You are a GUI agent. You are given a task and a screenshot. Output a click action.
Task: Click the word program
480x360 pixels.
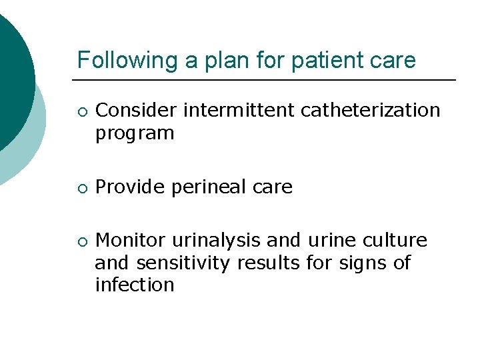[x=135, y=134]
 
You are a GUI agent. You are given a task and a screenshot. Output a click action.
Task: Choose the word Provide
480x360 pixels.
[x=131, y=187]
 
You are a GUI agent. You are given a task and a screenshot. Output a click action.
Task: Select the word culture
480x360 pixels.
[x=396, y=240]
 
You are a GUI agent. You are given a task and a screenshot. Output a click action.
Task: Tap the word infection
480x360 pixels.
[x=135, y=285]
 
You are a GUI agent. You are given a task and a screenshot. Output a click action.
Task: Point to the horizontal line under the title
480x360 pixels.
[x=267, y=80]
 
